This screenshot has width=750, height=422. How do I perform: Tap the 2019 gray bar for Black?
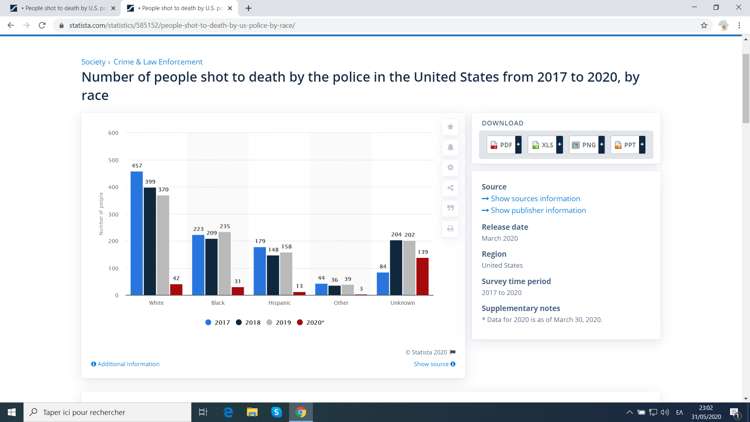point(225,263)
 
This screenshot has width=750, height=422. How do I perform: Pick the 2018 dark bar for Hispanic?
point(273,275)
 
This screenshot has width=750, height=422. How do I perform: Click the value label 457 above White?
point(137,166)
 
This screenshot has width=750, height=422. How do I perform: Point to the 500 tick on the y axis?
point(113,160)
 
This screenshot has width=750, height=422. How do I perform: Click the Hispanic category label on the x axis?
point(279,303)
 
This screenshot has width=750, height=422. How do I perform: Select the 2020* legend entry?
point(311,322)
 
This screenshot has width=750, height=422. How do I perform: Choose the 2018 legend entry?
point(248,322)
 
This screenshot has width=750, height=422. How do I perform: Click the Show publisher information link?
point(538,210)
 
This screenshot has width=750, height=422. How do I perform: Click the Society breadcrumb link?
point(93,62)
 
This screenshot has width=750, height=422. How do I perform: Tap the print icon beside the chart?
point(450,229)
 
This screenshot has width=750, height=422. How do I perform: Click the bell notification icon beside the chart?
point(450,147)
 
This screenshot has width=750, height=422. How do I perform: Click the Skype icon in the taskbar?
point(277,412)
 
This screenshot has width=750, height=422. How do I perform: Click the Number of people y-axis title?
point(101,213)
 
